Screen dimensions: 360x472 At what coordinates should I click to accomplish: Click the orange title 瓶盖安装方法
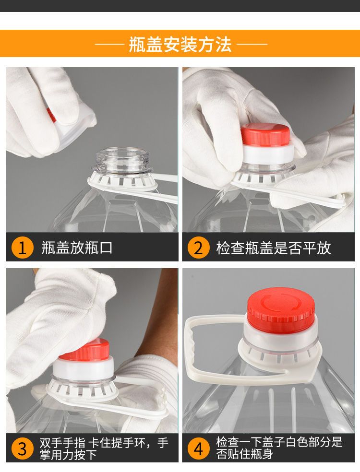click(x=180, y=45)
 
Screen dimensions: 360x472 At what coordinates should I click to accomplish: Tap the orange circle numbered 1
click(x=22, y=248)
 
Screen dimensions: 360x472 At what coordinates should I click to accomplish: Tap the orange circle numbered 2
click(x=198, y=248)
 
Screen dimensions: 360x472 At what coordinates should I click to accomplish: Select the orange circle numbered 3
click(x=22, y=448)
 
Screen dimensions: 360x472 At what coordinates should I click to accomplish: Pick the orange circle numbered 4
click(x=198, y=448)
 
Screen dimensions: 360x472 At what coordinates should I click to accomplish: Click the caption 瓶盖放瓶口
click(x=77, y=248)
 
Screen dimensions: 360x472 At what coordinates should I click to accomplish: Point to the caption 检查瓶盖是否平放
click(x=274, y=248)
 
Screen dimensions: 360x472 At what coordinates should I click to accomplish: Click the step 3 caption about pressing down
click(x=104, y=448)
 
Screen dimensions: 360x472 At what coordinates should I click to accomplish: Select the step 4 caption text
click(x=279, y=448)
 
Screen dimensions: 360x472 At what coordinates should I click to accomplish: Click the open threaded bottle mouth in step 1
click(x=122, y=161)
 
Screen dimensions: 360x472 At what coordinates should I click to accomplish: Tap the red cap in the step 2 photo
click(x=265, y=134)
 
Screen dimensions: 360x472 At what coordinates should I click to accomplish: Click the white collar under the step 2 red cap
click(x=267, y=154)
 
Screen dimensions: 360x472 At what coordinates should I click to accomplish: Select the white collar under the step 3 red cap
click(x=83, y=368)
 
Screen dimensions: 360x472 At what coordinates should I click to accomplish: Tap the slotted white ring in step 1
click(x=122, y=181)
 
